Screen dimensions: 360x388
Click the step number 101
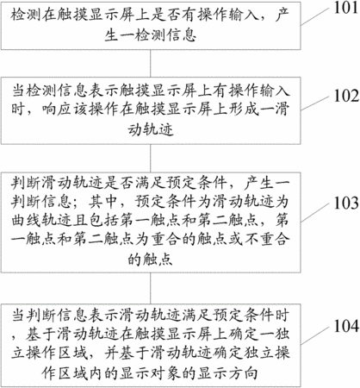click(346, 8)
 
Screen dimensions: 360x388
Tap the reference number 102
click(346, 96)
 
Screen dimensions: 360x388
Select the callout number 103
click(346, 203)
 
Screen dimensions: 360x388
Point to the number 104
click(346, 326)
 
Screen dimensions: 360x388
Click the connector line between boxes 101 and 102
click(151, 63)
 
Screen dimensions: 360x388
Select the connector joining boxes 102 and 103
click(151, 158)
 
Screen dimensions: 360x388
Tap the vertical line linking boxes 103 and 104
click(151, 288)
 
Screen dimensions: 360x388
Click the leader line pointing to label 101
click(314, 16)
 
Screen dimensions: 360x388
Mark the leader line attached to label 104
click(314, 335)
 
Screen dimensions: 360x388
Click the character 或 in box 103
click(235, 240)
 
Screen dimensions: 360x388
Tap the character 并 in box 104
click(111, 354)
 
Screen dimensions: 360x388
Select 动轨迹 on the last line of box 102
click(151, 129)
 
